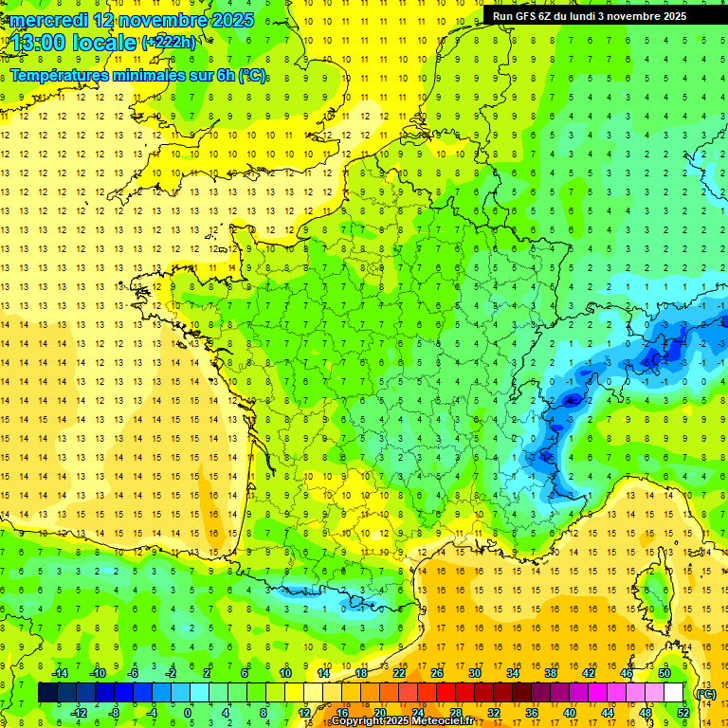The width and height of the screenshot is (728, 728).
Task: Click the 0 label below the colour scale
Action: (x=188, y=713)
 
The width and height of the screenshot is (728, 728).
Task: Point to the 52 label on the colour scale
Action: (x=682, y=713)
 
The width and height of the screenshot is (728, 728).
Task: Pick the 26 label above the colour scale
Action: (x=437, y=673)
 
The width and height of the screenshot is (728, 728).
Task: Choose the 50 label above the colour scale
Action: (x=664, y=673)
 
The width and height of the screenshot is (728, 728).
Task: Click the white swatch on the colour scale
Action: (x=673, y=693)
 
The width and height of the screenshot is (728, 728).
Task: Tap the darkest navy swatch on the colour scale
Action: (x=47, y=693)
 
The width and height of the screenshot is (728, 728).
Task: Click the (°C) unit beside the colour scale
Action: (x=705, y=693)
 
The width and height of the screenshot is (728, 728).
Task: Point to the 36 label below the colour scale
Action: (x=531, y=713)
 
